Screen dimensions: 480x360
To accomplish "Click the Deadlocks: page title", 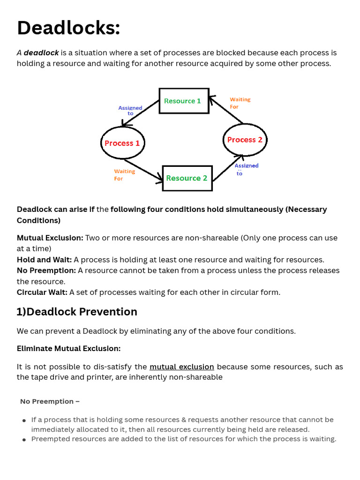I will click(68, 28).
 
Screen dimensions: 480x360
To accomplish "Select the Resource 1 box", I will click(184, 101).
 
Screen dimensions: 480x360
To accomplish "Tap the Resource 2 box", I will click(187, 178).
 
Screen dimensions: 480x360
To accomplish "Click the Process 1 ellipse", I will click(122, 143).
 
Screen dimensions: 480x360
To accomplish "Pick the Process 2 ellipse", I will click(245, 140).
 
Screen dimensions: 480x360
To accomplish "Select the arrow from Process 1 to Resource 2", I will click(143, 169).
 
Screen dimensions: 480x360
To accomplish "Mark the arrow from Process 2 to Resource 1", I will click(226, 110).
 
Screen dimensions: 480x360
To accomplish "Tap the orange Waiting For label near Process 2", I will click(240, 103).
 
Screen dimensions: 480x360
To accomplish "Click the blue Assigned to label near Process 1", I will click(130, 111).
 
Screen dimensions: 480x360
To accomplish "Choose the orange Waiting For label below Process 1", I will click(124, 175).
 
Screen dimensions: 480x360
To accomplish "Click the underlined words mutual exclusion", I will click(182, 367).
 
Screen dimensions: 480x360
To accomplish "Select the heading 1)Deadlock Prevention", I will click(77, 312).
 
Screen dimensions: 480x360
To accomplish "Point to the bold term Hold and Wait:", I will click(44, 260).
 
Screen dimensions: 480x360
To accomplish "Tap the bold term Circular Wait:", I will click(42, 292).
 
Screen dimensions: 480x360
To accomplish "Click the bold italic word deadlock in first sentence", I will click(41, 52).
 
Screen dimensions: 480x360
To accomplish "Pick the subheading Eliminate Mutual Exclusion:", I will click(68, 349).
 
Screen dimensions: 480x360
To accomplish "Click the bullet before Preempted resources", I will click(24, 440).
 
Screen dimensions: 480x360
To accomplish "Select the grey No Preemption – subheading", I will click(50, 401).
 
